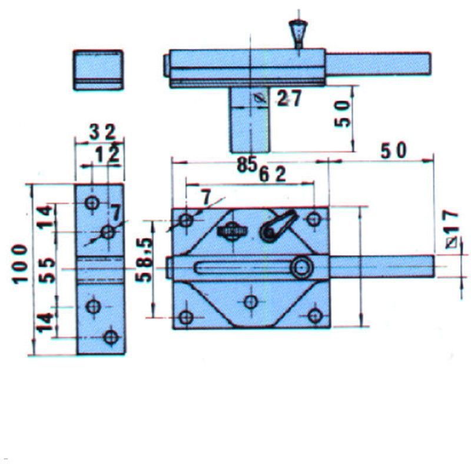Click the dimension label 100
tap(20, 264)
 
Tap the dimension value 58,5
tap(143, 260)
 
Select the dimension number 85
tap(247, 164)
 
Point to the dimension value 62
tap(273, 175)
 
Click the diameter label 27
tap(288, 98)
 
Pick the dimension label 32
tap(102, 132)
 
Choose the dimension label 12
tap(107, 155)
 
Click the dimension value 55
tap(48, 270)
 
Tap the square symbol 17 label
tap(452, 229)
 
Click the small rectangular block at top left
tap(98, 69)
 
